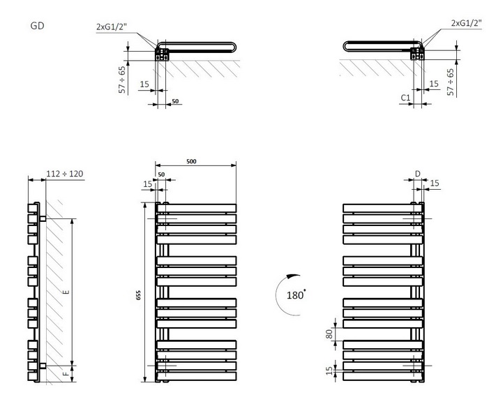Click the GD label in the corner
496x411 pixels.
[38, 26]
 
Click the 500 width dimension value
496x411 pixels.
[191, 161]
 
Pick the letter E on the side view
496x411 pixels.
[66, 293]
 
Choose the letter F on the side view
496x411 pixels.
[66, 374]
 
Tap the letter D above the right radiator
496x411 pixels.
[417, 173]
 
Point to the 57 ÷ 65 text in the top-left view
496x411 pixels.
[123, 79]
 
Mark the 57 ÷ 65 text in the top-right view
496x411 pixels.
[451, 82]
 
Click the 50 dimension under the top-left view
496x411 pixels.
[175, 101]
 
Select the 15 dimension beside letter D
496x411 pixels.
[435, 183]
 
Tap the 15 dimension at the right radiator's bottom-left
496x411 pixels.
[329, 371]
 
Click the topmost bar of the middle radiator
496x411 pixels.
[196, 208]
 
